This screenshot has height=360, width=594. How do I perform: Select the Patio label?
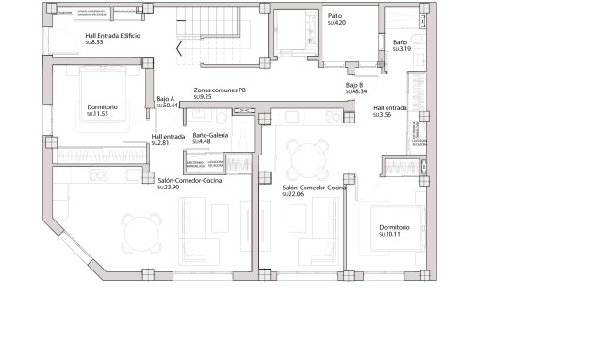click(335, 16)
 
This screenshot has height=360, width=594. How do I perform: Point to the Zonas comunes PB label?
click(220, 90)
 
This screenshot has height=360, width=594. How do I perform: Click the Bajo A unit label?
click(166, 99)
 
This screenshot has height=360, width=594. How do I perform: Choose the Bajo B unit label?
click(355, 85)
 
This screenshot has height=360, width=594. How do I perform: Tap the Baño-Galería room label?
click(210, 135)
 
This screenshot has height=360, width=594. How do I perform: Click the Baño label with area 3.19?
click(400, 42)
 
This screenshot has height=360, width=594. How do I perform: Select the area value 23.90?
click(171, 188)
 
